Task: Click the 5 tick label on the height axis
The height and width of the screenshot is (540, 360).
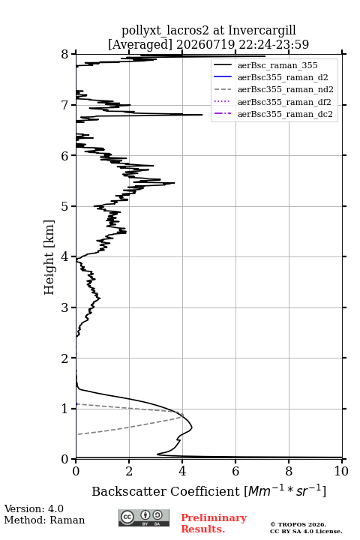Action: click(x=64, y=207)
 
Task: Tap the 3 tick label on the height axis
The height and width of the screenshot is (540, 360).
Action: click(x=64, y=308)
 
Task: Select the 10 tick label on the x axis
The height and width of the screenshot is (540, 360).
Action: click(x=341, y=471)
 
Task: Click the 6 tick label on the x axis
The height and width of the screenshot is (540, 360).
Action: click(x=235, y=471)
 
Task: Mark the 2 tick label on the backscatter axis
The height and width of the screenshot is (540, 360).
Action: click(x=129, y=471)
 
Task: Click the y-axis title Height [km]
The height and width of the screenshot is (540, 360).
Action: click(x=49, y=257)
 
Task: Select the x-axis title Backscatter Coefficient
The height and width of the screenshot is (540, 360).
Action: click(x=166, y=491)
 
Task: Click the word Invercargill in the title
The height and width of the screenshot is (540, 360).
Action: click(x=262, y=30)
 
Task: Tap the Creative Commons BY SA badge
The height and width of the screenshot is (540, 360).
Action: click(x=144, y=517)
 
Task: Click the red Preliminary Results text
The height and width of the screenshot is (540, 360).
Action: click(x=214, y=523)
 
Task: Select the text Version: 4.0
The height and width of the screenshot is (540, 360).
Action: click(x=34, y=508)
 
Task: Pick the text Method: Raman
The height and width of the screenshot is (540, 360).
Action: click(x=44, y=520)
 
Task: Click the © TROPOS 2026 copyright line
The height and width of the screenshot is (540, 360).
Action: click(x=298, y=524)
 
